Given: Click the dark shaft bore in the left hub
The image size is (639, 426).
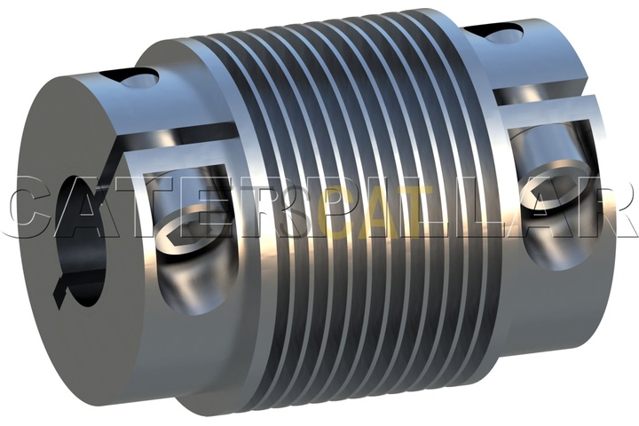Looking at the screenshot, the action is tap(83, 245).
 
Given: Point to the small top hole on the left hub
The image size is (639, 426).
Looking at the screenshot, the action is tap(140, 78).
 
